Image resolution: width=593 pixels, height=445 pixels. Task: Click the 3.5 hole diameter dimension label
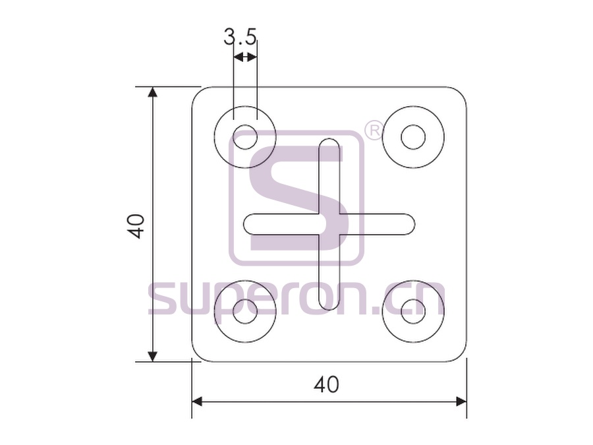click(240, 37)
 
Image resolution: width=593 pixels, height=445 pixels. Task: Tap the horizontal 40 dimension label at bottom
click(326, 385)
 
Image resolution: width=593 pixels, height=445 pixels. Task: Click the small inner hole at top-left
click(245, 137)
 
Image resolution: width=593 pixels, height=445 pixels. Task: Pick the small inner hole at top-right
click(413, 137)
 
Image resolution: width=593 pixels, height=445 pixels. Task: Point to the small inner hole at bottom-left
click(245, 311)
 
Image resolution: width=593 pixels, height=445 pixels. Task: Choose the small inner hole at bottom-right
click(413, 311)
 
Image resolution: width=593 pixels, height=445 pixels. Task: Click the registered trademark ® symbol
click(374, 131)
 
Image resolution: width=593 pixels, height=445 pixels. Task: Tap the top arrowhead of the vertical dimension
click(152, 92)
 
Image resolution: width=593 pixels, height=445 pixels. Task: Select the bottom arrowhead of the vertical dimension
click(152, 356)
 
